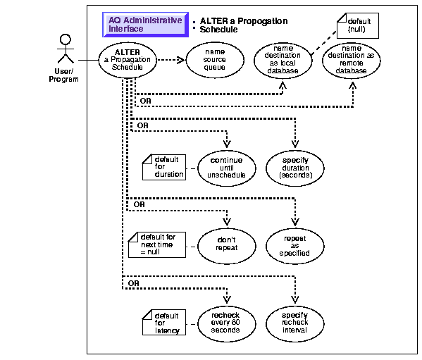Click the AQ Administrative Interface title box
coord(145,25)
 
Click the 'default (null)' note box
coord(358,25)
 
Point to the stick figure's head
coord(66,39)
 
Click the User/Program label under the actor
coord(64,75)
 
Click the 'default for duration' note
coord(164,167)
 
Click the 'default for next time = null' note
coord(157,245)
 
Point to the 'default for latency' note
coord(164,323)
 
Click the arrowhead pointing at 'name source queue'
coord(181,60)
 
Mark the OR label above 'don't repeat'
coord(139,204)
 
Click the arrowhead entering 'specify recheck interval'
coord(295,299)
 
